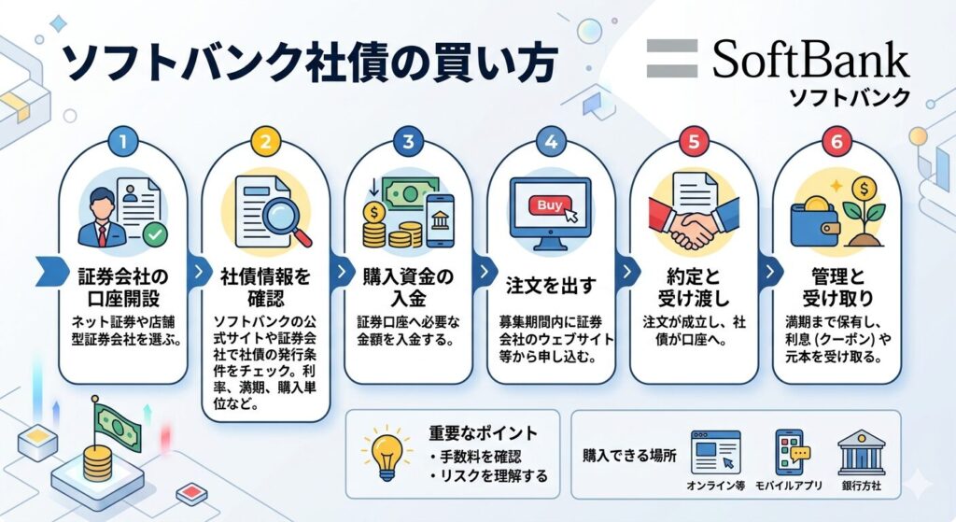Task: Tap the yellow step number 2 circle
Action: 266,142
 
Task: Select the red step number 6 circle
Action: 836,142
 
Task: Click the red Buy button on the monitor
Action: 550,205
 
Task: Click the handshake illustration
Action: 694,223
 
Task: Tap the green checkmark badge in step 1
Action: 155,234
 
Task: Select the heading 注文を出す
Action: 551,286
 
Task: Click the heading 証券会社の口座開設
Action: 123,288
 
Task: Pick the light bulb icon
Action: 387,455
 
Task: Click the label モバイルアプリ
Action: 788,486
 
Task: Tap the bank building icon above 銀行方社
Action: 861,453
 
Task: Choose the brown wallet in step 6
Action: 817,222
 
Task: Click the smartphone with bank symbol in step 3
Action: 441,220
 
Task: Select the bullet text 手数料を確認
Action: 475,456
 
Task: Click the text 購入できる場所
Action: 629,456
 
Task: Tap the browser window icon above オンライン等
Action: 715,452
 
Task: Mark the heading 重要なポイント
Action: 483,433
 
